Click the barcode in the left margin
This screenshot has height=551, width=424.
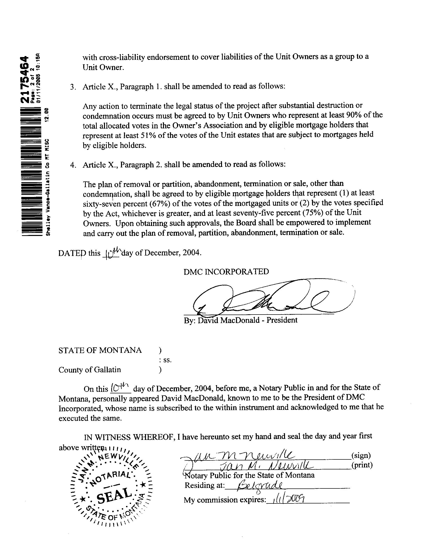point(31,172)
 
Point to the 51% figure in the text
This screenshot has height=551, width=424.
point(146,135)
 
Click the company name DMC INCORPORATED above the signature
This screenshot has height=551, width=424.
point(226,272)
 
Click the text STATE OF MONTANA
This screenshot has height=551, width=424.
point(100,350)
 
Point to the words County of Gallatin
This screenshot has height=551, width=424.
point(90,370)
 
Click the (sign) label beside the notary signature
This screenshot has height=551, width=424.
point(361,455)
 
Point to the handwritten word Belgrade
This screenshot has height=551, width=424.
point(260,485)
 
